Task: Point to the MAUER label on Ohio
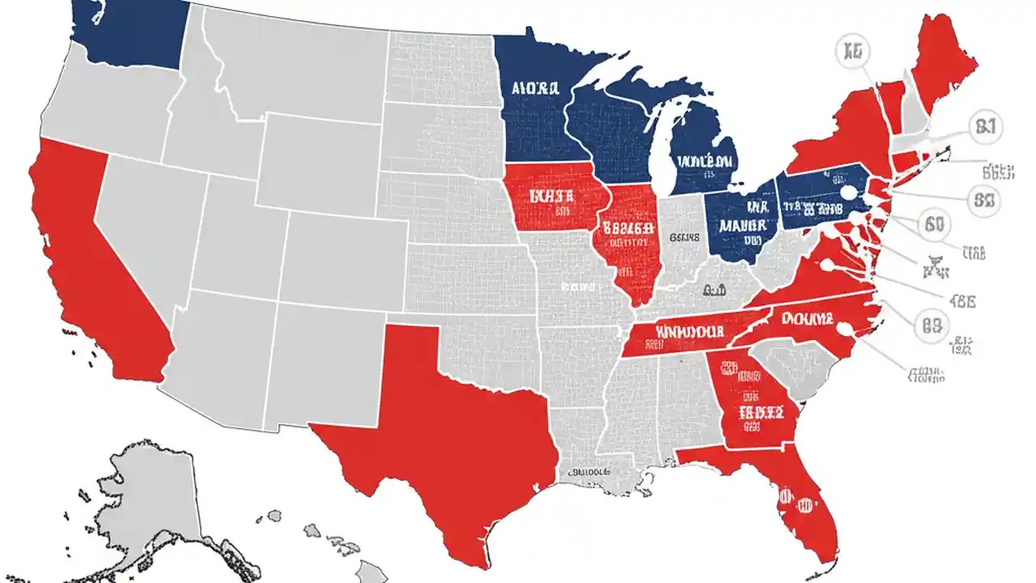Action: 744,224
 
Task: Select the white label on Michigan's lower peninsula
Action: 707,161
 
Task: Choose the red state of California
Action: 89,259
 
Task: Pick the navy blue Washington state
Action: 129,32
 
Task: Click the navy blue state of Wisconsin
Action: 603,130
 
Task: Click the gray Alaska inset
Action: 146,502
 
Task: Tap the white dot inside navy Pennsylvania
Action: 847,193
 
